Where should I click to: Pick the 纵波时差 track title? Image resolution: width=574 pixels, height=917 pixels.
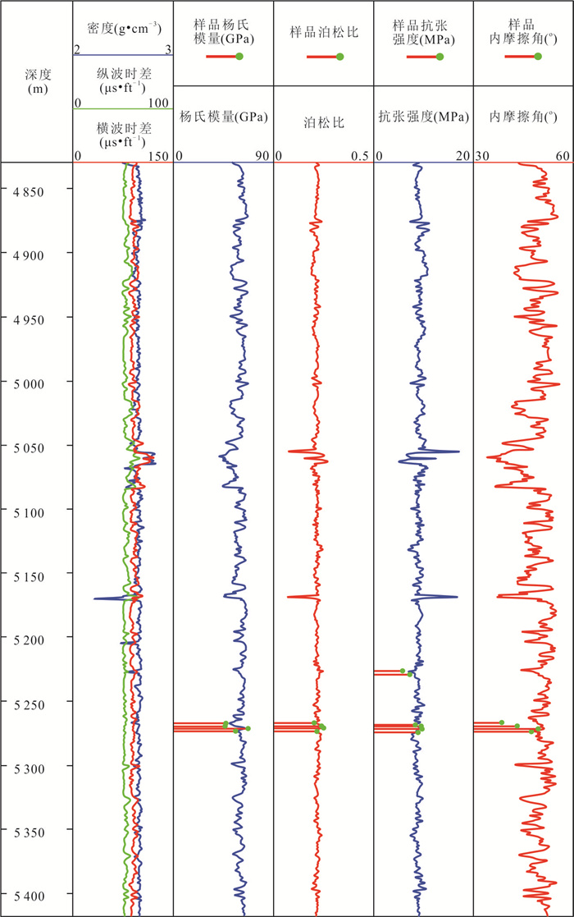(x=123, y=80)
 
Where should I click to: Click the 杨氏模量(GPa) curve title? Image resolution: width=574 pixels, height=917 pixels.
(x=223, y=117)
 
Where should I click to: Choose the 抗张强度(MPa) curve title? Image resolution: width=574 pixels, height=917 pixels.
(x=423, y=117)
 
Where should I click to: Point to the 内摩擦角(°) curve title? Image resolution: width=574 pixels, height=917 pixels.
(x=522, y=117)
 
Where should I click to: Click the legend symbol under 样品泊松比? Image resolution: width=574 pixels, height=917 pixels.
(x=325, y=57)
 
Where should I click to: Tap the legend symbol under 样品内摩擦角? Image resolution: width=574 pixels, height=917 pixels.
(x=522, y=57)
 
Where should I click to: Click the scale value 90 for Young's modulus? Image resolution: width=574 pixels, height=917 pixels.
(x=262, y=156)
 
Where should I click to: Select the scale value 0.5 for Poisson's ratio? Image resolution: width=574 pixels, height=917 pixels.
(x=359, y=156)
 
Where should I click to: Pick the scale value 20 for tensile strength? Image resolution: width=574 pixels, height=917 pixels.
(x=463, y=156)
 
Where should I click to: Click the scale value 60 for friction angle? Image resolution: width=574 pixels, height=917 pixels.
(x=563, y=156)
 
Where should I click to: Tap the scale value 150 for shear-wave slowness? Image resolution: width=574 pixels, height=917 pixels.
(x=159, y=156)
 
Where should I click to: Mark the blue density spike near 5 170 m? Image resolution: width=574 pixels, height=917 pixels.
(x=96, y=598)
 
